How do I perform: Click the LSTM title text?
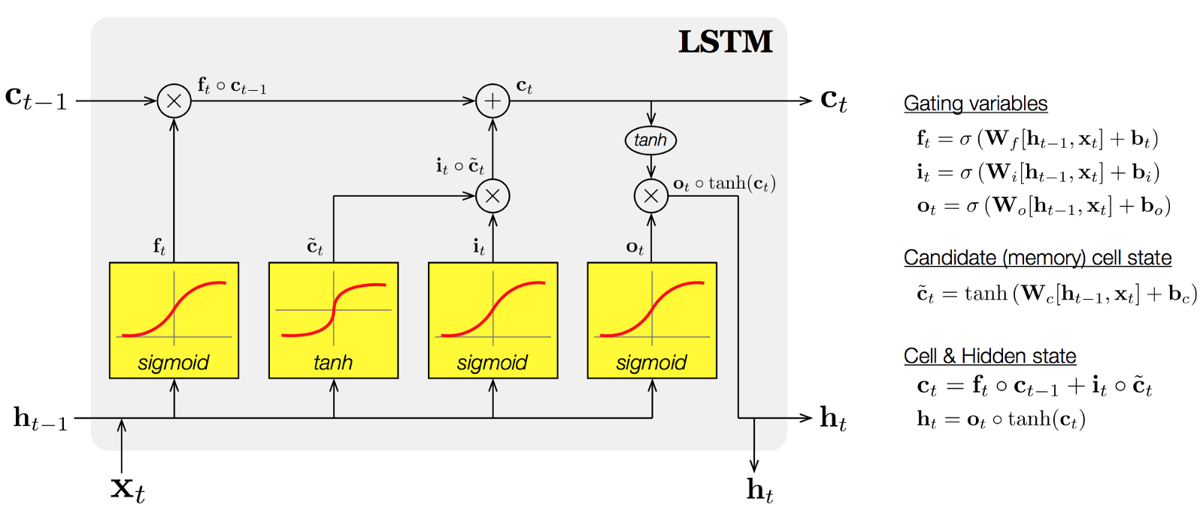(x=725, y=42)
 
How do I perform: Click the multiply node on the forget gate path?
(x=174, y=101)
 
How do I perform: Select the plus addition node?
(x=492, y=101)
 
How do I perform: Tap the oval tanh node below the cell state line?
(x=650, y=140)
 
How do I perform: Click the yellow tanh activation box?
(x=333, y=320)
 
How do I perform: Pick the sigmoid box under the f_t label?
(x=174, y=320)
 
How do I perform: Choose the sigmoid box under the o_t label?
(x=652, y=320)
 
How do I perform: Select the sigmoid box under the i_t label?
(x=492, y=320)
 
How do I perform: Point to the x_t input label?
(x=127, y=489)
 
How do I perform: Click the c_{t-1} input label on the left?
(x=36, y=98)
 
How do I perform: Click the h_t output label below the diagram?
(x=759, y=490)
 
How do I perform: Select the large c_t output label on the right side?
(x=833, y=99)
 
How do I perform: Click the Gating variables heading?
(x=975, y=104)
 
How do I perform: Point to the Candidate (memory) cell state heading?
(x=1038, y=258)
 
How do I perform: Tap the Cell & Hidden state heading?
(x=989, y=356)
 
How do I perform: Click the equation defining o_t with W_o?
(x=1044, y=206)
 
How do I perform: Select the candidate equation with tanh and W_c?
(x=1056, y=294)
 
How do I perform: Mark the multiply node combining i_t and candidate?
(x=492, y=196)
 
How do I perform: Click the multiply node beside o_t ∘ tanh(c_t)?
(x=651, y=196)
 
